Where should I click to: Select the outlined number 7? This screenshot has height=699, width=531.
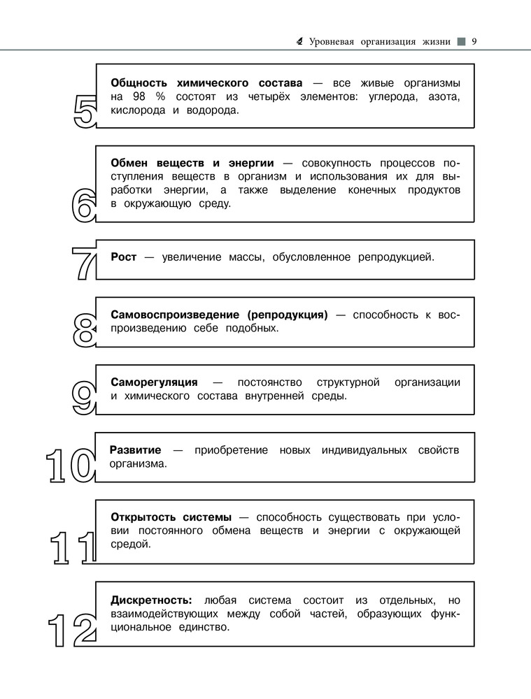(83, 264)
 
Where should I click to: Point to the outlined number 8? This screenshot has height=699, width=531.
(83, 330)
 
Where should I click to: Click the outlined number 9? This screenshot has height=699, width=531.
(83, 398)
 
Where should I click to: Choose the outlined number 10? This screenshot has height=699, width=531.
(70, 466)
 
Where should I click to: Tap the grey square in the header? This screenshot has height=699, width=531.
(460, 41)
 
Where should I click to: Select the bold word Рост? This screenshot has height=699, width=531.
(124, 257)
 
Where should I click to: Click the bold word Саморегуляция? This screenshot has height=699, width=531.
(154, 382)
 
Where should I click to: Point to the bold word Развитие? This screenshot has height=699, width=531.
(136, 450)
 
